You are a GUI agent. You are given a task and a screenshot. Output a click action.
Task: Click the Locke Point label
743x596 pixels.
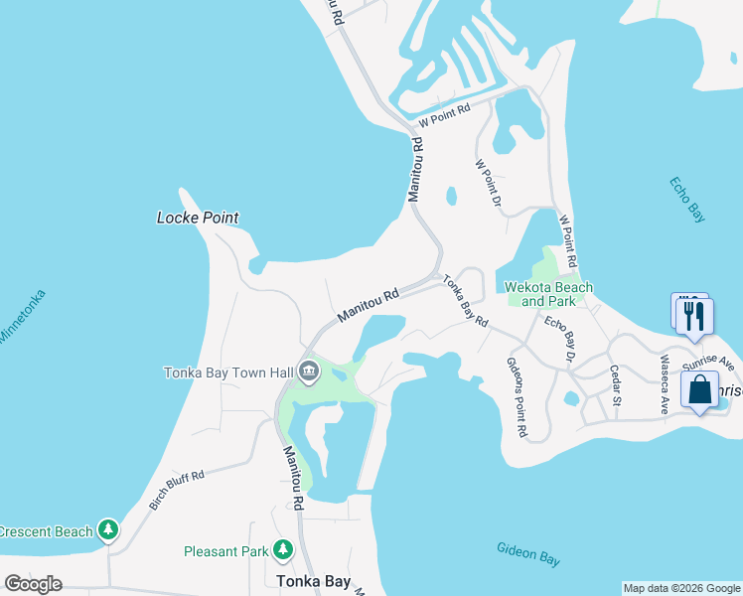pyautogui.click(x=199, y=218)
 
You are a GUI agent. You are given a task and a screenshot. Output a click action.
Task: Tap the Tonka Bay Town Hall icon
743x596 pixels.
pyautogui.click(x=308, y=372)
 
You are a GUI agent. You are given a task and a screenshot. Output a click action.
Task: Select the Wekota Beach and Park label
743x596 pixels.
pyautogui.click(x=549, y=294)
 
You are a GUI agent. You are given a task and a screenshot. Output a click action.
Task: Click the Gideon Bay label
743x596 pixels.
pyautogui.click(x=528, y=554)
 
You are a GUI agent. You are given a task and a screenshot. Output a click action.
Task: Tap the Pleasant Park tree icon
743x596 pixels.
pyautogui.click(x=283, y=549)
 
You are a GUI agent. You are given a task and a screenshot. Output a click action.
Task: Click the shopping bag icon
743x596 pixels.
pyautogui.click(x=700, y=389)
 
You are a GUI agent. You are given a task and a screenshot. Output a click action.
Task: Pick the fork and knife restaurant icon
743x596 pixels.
pyautogui.click(x=694, y=316)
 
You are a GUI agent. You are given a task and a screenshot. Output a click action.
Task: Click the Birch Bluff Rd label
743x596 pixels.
pyautogui.click(x=177, y=489)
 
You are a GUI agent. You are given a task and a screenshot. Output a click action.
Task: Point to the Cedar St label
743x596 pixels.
pyautogui.click(x=615, y=384)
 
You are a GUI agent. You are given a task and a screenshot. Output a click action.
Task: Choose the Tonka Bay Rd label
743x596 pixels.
pyautogui.click(x=466, y=301)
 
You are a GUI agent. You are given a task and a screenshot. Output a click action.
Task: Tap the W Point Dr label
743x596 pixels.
pyautogui.click(x=487, y=183)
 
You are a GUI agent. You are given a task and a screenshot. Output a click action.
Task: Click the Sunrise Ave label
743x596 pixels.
pyautogui.click(x=714, y=365)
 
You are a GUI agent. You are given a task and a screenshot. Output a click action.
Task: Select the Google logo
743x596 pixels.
pyautogui.click(x=34, y=583)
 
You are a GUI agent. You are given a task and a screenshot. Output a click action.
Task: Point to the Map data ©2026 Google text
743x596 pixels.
pyautogui.click(x=680, y=588)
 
